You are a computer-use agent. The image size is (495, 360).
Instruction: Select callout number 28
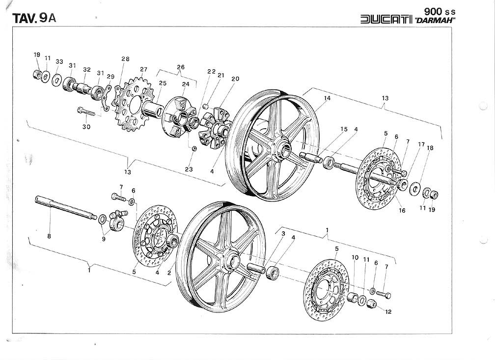pyautogui.click(x=125, y=59)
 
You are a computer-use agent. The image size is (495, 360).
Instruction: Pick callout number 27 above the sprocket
pyautogui.click(x=143, y=69)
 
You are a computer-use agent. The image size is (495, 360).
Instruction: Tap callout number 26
pyautogui.click(x=181, y=67)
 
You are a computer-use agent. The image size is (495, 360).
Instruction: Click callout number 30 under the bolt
pyautogui.click(x=86, y=127)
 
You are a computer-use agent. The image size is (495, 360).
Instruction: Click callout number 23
pyautogui.click(x=189, y=169)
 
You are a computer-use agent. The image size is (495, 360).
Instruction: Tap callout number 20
pyautogui.click(x=235, y=79)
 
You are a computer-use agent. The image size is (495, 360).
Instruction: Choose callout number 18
pyautogui.click(x=430, y=148)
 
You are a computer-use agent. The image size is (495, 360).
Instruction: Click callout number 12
pyautogui.click(x=388, y=311)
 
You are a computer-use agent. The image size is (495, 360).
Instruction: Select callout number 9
pyautogui.click(x=103, y=239)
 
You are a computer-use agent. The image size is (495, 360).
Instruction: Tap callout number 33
pyautogui.click(x=59, y=61)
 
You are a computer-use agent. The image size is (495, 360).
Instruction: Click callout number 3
pyautogui.click(x=283, y=234)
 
